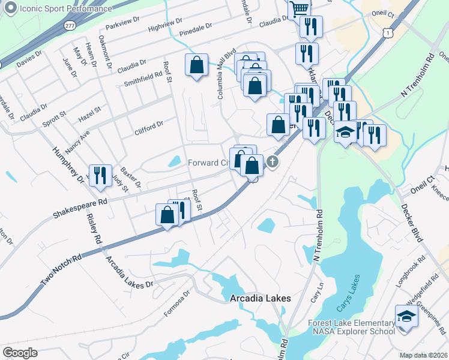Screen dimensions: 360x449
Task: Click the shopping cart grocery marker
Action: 298,10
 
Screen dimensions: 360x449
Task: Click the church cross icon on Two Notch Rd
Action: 273,161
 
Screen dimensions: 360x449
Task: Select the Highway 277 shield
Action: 70,26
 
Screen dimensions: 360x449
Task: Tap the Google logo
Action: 20,352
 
